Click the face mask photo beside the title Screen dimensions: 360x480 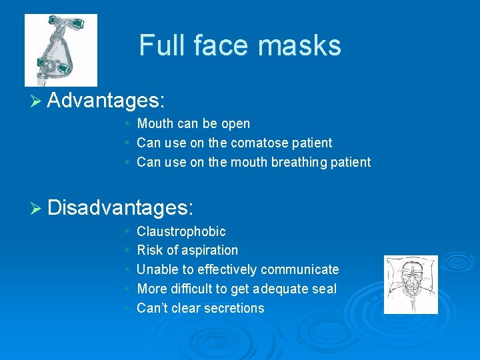tap(61, 50)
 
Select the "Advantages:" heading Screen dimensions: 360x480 tap(107, 101)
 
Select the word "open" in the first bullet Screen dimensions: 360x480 tap(237, 124)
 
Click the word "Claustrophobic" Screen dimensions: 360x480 tap(181, 231)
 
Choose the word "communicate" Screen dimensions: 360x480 tap(300, 269)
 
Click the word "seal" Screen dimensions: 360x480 tap(325, 289)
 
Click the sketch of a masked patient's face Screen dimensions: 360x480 tap(411, 285)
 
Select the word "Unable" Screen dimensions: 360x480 tap(157, 269)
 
